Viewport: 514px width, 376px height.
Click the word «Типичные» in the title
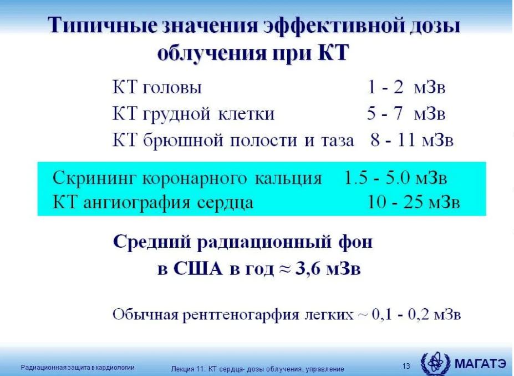(x=102, y=26)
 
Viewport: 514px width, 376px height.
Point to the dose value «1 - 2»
(x=385, y=87)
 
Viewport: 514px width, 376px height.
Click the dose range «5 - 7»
(x=384, y=113)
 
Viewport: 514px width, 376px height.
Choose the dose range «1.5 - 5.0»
(x=377, y=178)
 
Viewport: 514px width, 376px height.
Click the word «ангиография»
(x=137, y=203)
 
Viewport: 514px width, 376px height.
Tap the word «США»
(x=197, y=269)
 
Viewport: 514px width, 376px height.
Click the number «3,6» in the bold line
(x=309, y=269)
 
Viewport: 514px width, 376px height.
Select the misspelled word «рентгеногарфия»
(x=241, y=314)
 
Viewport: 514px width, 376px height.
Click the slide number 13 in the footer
(x=406, y=366)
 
